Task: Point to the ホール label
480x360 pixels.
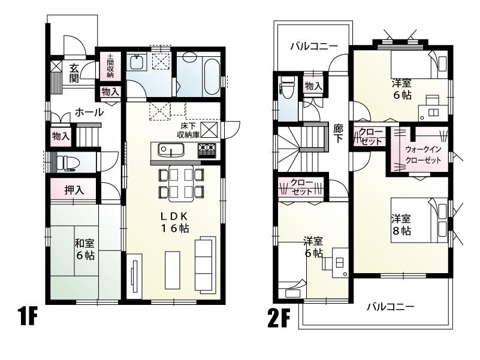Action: coord(89,112)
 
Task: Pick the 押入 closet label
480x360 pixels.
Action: coord(74,190)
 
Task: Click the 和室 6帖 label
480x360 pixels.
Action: coord(83,249)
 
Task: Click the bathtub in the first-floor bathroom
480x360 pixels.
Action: coord(211,75)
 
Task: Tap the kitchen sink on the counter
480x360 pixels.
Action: coord(166,149)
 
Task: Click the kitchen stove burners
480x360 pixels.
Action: coord(207,149)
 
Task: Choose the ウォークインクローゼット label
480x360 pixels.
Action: coord(423,155)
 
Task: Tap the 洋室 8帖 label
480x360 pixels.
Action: coord(401,225)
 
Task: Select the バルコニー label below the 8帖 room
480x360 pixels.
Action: coord(390,307)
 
